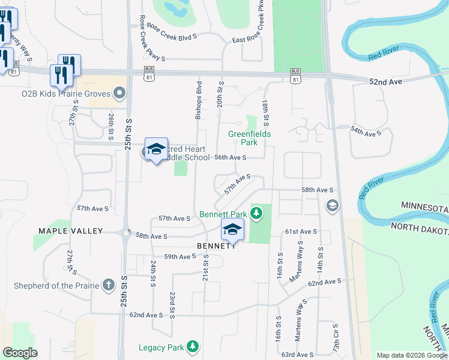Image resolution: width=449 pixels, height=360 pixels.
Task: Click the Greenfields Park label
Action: [x=249, y=138]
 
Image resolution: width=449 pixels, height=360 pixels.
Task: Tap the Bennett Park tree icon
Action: [x=256, y=212]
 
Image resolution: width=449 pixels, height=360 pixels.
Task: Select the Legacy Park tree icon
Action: [x=192, y=346]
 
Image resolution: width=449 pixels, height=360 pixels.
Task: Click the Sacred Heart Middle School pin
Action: [x=156, y=150]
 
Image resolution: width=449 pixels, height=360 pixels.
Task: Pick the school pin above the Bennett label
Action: [x=233, y=230]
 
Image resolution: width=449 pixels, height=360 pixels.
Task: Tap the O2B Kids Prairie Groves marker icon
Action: [x=119, y=93]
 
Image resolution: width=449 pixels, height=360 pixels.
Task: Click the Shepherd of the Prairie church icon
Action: [x=109, y=284]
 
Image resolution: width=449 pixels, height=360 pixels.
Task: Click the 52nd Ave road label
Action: [x=387, y=80]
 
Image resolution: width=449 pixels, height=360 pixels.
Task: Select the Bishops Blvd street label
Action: [x=197, y=100]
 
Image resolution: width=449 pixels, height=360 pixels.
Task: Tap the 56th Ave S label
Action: [x=231, y=157]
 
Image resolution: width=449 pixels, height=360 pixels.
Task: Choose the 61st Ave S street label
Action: [x=301, y=232]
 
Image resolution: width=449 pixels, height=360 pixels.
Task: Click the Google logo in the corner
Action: [x=20, y=352]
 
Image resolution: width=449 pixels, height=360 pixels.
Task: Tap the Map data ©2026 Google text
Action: [x=411, y=355]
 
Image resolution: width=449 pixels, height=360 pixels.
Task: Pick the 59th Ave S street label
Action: [x=180, y=257]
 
